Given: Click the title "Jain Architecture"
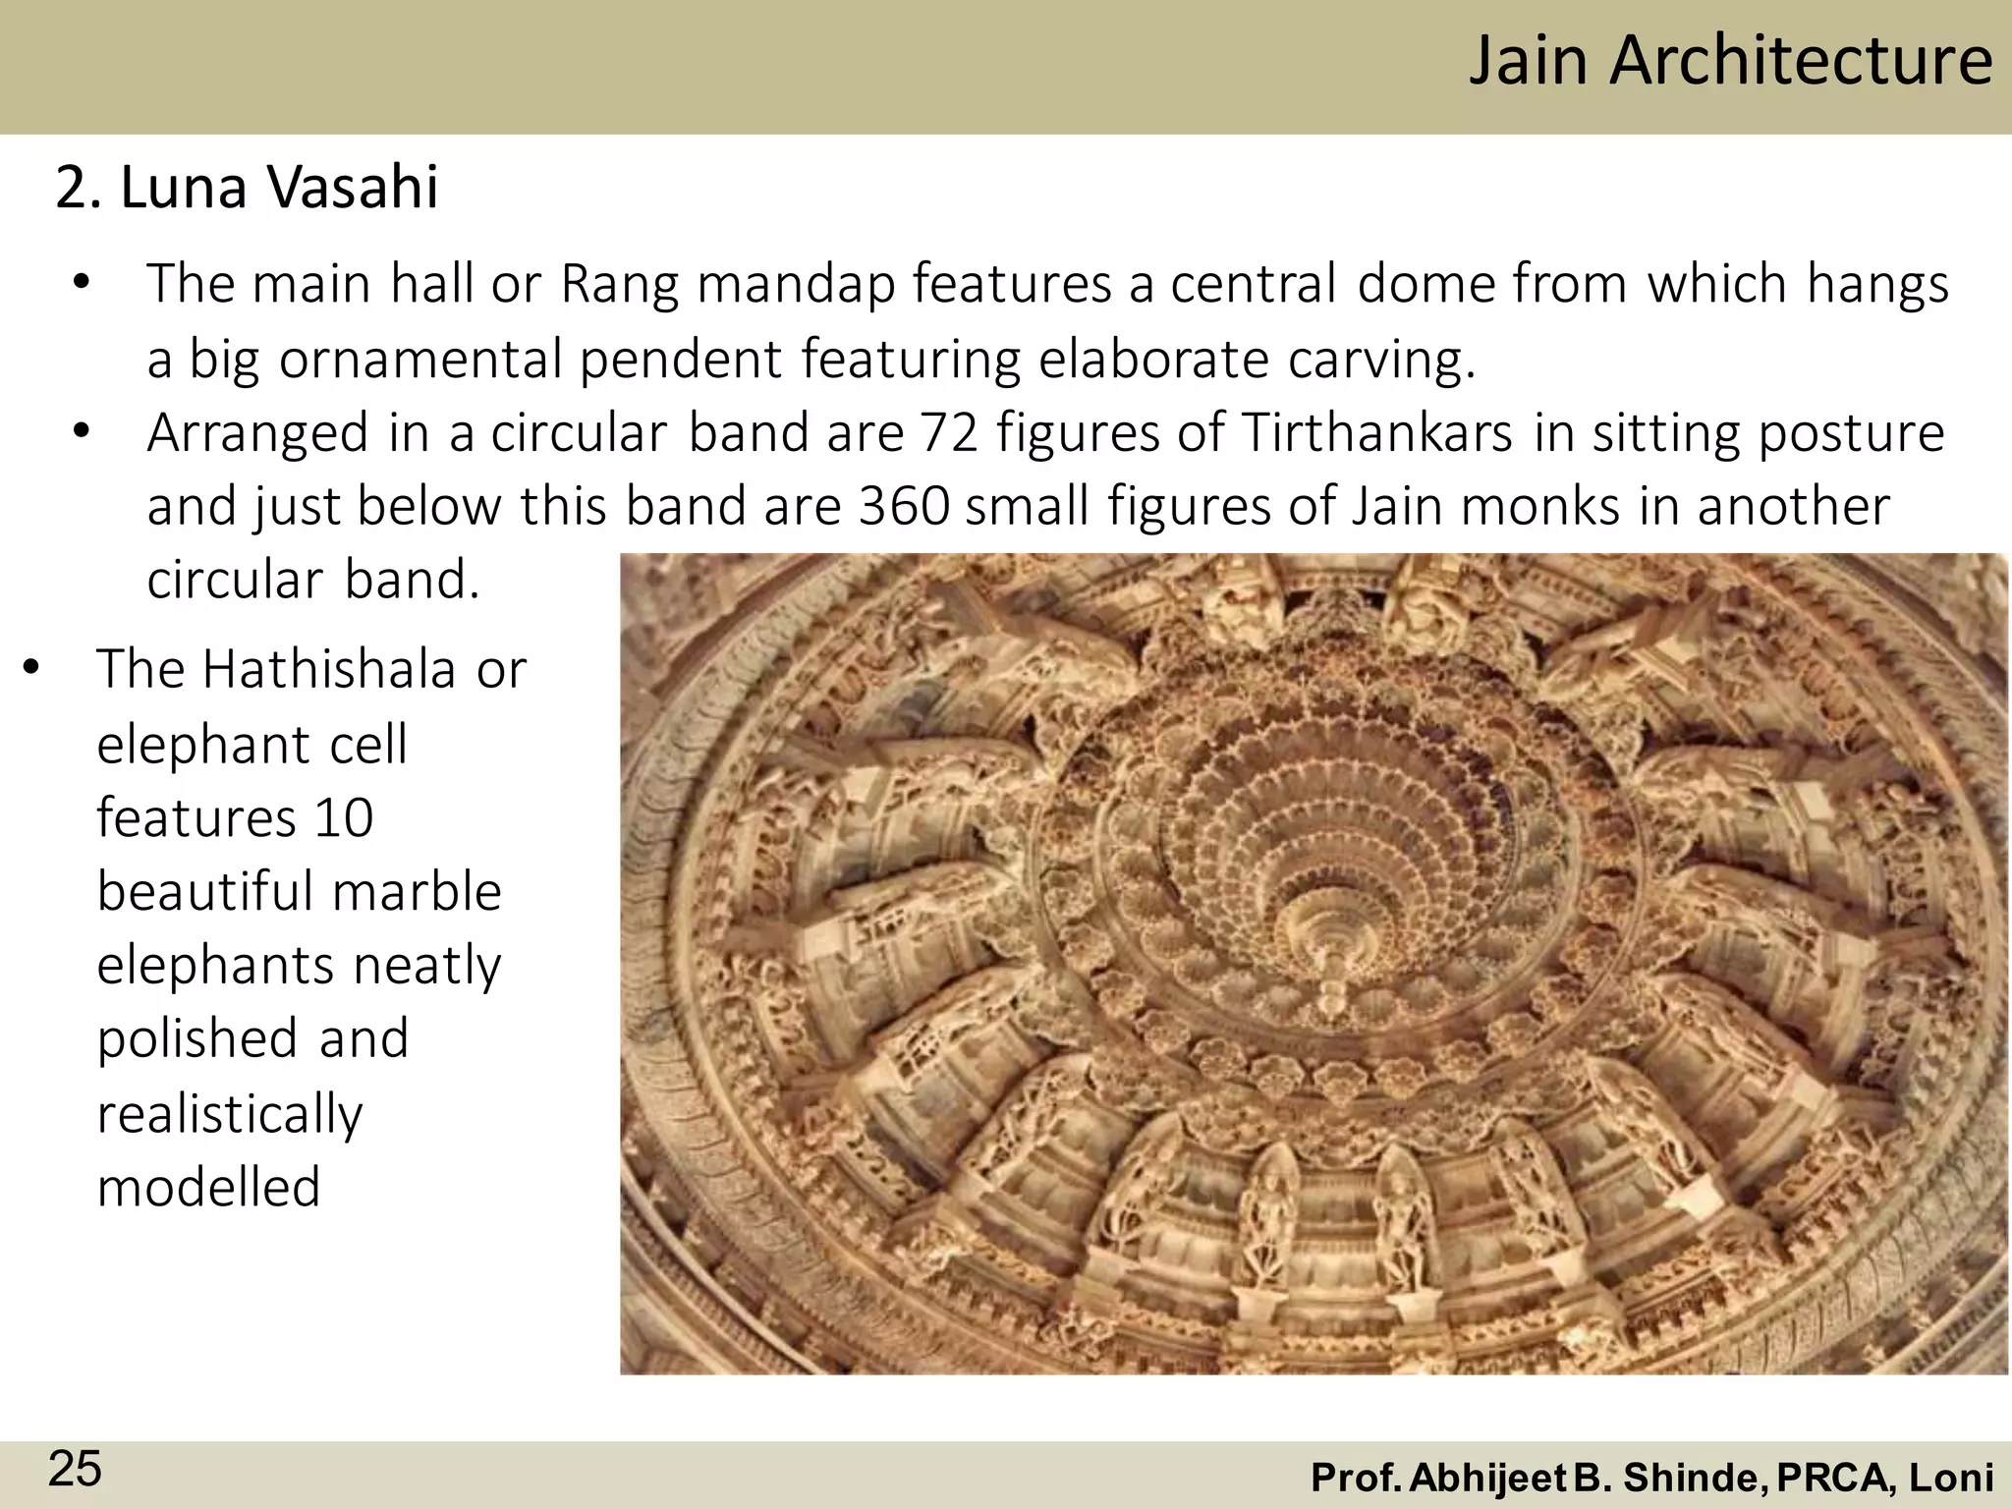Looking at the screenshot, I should pyautogui.click(x=1730, y=61).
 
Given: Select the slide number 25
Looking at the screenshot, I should pyautogui.click(x=75, y=1470).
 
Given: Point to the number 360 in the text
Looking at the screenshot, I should pyautogui.click(x=904, y=506).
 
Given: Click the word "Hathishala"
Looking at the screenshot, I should pyautogui.click(x=330, y=670).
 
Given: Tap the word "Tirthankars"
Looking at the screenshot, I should pyautogui.click(x=1376, y=432).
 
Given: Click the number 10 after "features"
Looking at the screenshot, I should pyautogui.click(x=344, y=817).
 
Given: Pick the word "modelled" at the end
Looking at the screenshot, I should pyautogui.click(x=209, y=1187).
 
